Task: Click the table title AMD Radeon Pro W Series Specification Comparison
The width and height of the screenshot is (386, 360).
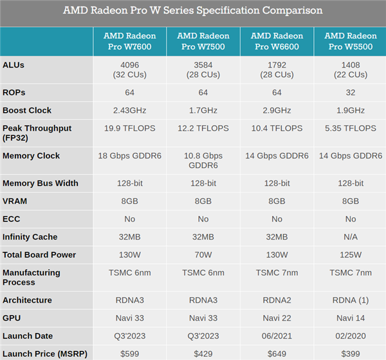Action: (193, 11)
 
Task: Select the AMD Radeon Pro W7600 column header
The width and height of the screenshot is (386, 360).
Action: (129, 41)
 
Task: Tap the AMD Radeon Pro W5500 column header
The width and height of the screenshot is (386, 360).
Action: (351, 41)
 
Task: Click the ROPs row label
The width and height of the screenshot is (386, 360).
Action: (14, 92)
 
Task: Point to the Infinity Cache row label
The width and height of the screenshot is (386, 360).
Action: (30, 237)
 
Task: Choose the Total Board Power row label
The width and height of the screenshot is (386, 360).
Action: (39, 254)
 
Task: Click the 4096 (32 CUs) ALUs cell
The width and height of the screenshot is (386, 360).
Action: (129, 70)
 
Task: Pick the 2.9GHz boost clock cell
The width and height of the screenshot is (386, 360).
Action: (277, 110)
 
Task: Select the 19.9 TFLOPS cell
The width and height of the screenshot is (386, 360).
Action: (129, 128)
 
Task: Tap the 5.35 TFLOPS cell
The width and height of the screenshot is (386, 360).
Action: (351, 128)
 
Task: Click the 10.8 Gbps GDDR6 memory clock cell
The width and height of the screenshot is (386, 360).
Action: (203, 160)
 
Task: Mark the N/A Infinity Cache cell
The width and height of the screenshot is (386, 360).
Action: (351, 237)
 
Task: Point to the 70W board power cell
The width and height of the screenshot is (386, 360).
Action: (203, 254)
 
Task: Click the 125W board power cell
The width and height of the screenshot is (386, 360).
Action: (351, 254)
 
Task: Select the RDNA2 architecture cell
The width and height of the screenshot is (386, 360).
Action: (277, 300)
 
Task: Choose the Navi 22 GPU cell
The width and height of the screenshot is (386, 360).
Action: (277, 318)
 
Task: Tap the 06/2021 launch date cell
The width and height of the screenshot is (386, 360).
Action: (277, 336)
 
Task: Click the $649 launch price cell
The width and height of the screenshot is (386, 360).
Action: (277, 353)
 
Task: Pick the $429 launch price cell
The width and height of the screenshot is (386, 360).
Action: (203, 353)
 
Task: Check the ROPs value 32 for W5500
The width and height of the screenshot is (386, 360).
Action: (351, 92)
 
